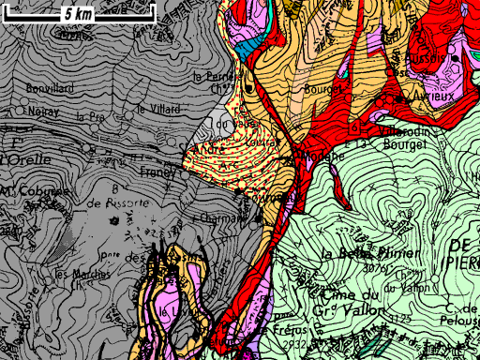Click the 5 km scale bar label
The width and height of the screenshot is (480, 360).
tap(71, 14)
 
